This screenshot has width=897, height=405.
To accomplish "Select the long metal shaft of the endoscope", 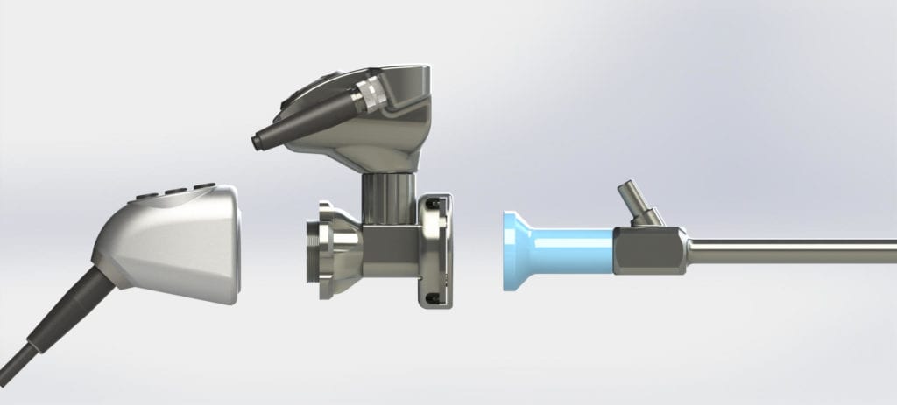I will click(x=788, y=251).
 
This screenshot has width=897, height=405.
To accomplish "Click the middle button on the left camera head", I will click(x=179, y=191).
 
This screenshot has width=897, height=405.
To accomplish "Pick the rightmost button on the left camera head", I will click(x=204, y=186).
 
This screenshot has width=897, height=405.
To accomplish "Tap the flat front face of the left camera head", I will click(x=225, y=245).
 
